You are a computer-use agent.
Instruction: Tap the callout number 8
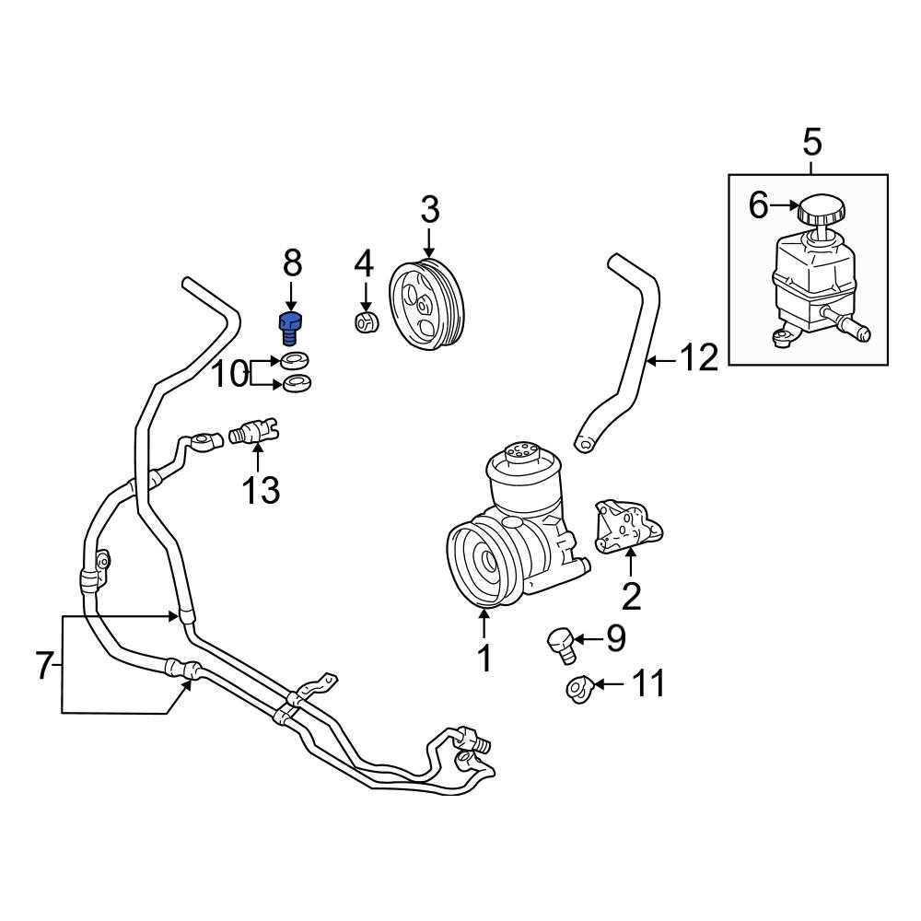[x=293, y=262]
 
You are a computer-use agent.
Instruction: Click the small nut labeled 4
[x=367, y=321]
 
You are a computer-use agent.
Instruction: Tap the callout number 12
[x=699, y=357]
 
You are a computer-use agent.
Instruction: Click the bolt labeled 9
[x=562, y=646]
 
